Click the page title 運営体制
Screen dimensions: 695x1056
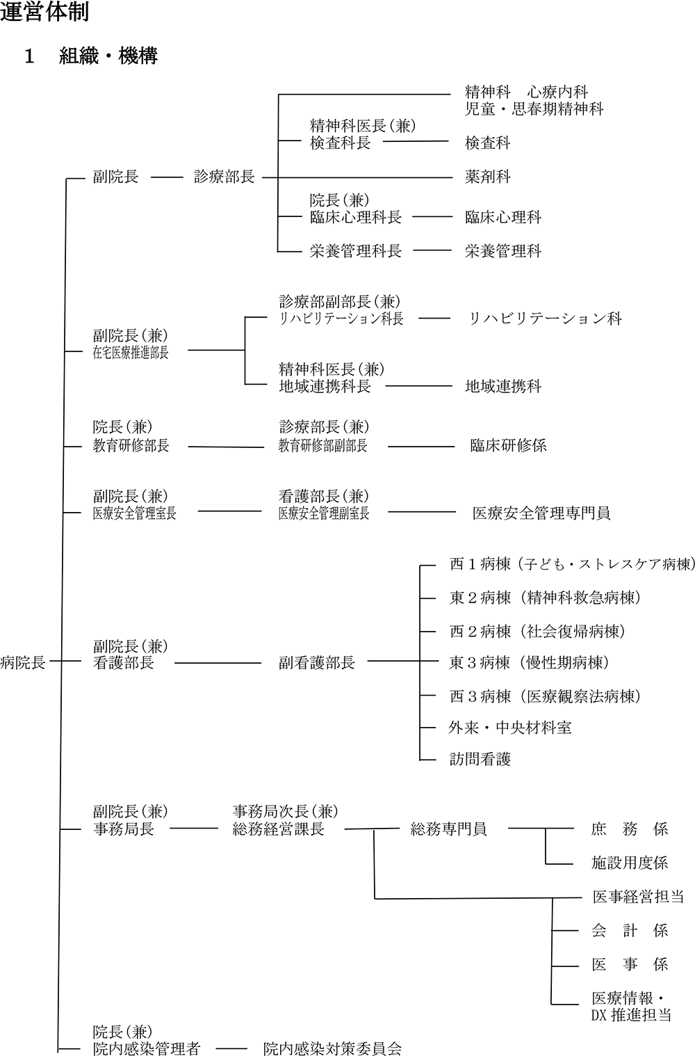(44, 13)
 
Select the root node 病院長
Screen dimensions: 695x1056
(23, 662)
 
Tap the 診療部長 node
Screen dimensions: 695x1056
(224, 177)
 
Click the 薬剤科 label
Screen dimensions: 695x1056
(487, 177)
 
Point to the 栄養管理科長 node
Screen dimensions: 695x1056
(356, 251)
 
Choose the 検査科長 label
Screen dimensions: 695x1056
(340, 143)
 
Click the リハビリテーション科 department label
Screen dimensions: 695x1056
(545, 319)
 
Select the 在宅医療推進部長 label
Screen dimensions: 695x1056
(131, 353)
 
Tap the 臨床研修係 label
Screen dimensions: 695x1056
(508, 445)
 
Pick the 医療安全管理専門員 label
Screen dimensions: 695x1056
(541, 513)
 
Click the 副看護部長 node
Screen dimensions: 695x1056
(317, 663)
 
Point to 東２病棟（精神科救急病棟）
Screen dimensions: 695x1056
(546, 598)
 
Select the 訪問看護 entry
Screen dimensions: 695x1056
(480, 759)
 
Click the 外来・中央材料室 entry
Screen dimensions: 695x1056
(510, 728)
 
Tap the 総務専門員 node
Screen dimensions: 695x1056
(448, 829)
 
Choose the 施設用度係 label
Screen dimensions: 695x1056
(630, 863)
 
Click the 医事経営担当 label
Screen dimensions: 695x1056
(638, 897)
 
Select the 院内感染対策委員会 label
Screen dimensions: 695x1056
(332, 1048)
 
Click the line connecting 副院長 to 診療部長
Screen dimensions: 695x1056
(167, 177)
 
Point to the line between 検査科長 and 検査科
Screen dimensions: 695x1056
(416, 141)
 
